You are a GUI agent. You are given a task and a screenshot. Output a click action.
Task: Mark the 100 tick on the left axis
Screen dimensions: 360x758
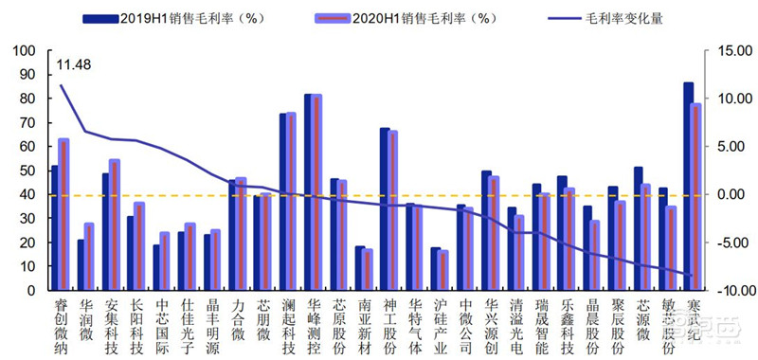(25, 51)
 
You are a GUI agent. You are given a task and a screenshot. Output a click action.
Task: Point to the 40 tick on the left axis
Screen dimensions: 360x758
(27, 194)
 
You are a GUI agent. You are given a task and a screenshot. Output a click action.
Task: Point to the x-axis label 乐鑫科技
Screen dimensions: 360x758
(567, 325)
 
